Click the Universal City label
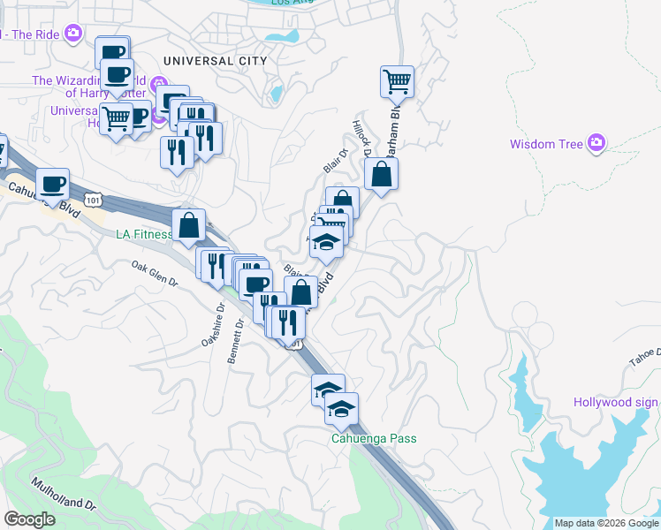click(x=214, y=61)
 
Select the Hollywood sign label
click(x=615, y=403)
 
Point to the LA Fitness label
click(x=144, y=235)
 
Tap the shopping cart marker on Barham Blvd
click(x=397, y=82)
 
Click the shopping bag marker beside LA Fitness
click(x=189, y=224)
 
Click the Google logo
click(x=30, y=519)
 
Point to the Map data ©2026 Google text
click(x=606, y=523)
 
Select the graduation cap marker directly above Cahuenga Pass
click(x=341, y=407)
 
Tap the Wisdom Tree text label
click(x=546, y=144)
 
